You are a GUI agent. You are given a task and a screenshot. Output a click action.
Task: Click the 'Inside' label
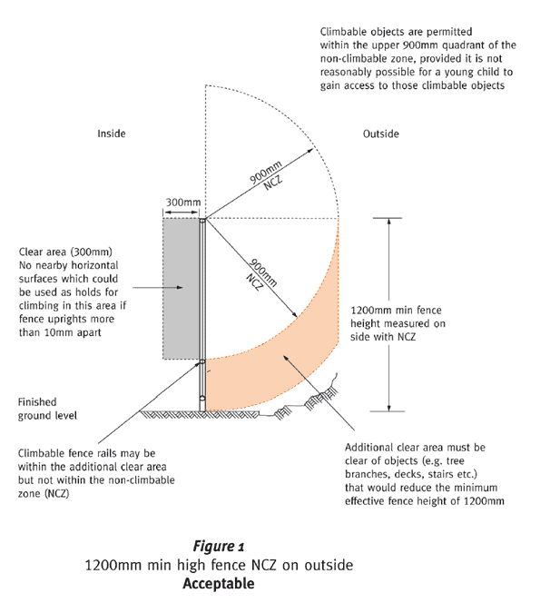point(112,133)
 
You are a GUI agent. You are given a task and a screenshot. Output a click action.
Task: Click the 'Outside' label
point(381,133)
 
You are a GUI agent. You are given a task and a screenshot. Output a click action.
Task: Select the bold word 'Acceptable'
point(219,583)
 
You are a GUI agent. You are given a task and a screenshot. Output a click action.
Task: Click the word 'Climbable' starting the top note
point(343,32)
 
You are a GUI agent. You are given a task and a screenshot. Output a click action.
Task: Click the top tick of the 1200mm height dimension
point(388,218)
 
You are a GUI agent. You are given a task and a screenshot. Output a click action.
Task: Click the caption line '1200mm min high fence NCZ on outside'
point(219,565)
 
